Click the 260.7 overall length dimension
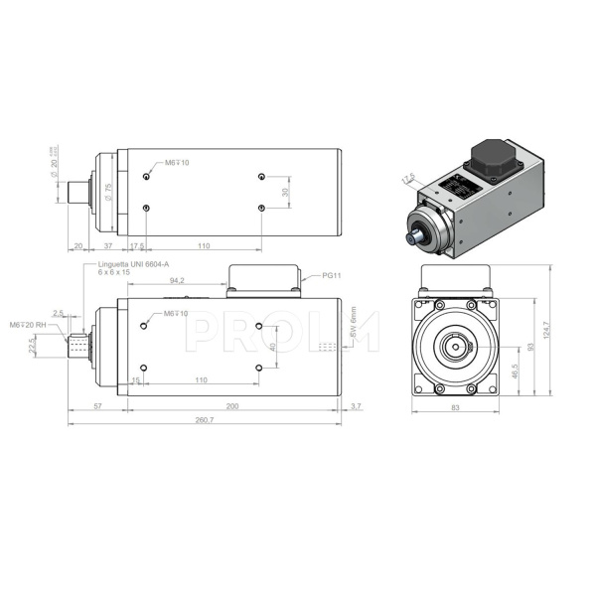coord(206,420)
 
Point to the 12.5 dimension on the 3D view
coord(408,178)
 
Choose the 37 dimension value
coord(106,245)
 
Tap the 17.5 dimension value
coord(138,245)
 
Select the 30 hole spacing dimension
coord(285,192)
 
